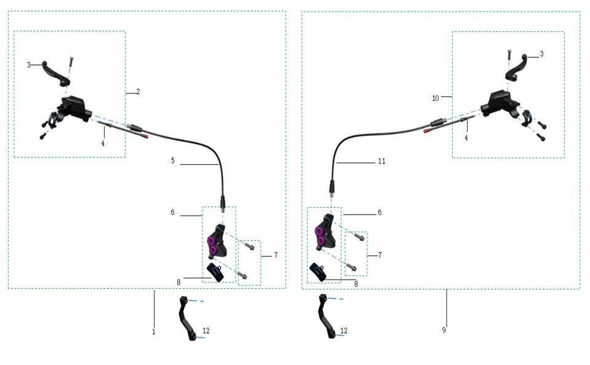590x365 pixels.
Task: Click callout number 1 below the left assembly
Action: pos(153,332)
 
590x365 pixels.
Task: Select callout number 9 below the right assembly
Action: pos(444,331)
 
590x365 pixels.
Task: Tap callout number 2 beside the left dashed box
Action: pos(138,92)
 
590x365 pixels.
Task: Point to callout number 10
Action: pos(435,98)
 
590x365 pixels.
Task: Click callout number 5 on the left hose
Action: pos(173,161)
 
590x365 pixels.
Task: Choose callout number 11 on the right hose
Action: pos(381,162)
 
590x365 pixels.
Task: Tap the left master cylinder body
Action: pos(74,107)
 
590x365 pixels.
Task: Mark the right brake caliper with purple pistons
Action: pos(324,232)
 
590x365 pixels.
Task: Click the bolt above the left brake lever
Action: pos(71,62)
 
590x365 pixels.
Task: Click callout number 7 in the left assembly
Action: pos(276,255)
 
